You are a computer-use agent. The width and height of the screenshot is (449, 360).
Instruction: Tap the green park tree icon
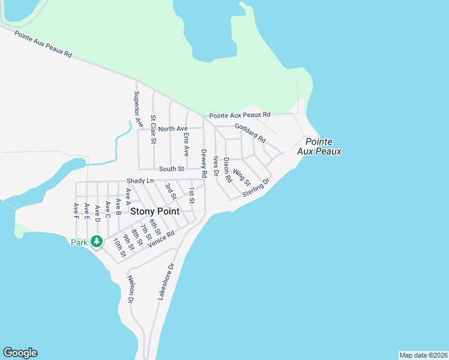point(96,242)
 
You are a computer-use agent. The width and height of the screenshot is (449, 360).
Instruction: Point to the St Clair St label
point(154,130)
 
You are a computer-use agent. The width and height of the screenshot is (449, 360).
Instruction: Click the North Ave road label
point(173,129)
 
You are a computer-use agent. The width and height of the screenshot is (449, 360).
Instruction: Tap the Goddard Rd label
point(250,132)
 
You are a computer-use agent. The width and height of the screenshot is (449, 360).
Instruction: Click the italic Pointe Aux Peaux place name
point(319,146)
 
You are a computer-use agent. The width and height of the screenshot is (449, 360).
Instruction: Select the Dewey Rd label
point(204,163)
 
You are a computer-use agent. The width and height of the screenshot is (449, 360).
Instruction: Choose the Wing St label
point(242,176)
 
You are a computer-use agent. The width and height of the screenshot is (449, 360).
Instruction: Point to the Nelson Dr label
point(131,289)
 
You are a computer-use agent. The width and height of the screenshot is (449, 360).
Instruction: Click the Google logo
point(20,353)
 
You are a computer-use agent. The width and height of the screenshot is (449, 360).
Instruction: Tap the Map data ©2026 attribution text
point(423,355)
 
